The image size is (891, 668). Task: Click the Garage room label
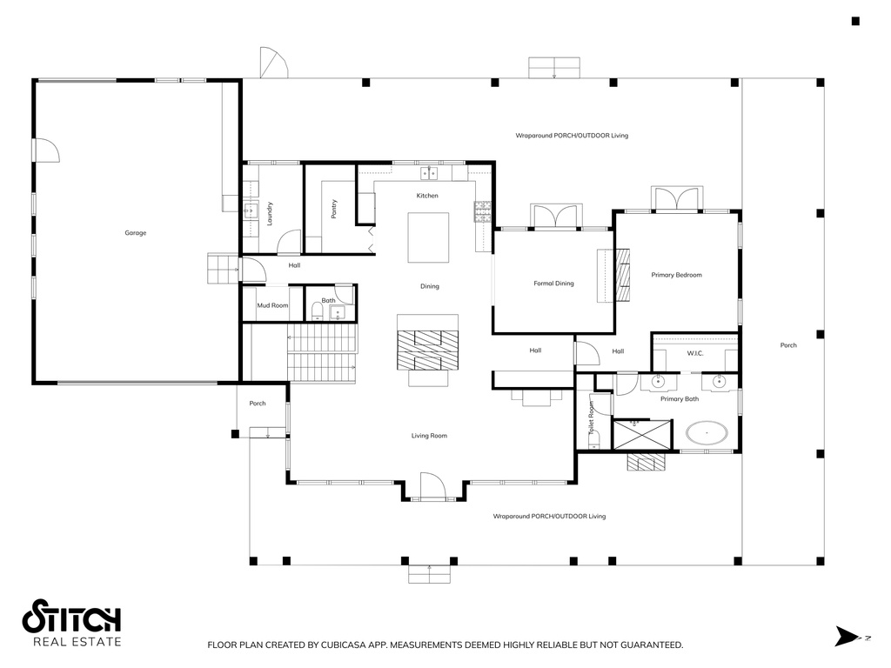coord(136,233)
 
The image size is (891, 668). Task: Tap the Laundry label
coord(270,214)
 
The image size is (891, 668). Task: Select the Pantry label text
coord(334,209)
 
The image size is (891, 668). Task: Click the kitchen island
coord(428,237)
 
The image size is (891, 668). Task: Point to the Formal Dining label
coord(553,284)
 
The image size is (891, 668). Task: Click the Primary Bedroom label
coord(676,275)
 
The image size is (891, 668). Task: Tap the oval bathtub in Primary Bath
coord(707,433)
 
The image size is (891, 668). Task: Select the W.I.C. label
coord(695,353)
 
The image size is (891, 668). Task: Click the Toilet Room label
coord(592,417)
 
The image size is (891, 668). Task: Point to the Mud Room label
coord(272,305)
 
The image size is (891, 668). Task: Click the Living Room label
coord(429,436)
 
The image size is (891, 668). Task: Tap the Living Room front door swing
coord(432,485)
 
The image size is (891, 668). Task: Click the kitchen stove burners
coord(482,211)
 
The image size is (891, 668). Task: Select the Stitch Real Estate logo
coord(71,623)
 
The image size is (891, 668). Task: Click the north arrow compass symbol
coord(847,636)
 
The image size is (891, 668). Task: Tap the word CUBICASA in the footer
coord(344,645)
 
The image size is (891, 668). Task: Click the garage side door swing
coord(48,150)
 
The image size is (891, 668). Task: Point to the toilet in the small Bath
coord(317,311)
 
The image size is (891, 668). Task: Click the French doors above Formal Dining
coord(556,217)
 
